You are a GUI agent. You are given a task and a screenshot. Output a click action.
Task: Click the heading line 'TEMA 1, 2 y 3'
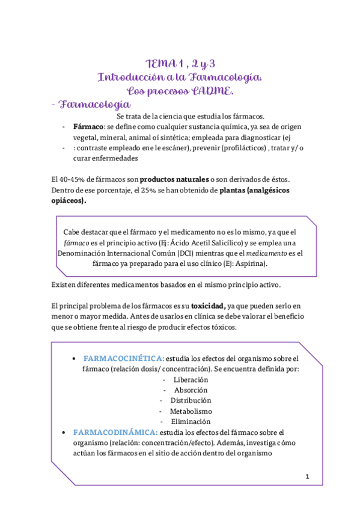click(180, 64)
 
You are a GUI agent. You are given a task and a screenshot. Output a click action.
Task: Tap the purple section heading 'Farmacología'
click(96, 105)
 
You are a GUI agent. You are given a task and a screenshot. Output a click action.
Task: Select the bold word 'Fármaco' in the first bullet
click(89, 127)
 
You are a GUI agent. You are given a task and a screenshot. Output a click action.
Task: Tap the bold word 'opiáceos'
click(68, 201)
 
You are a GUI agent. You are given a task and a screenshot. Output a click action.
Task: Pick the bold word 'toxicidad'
click(204, 306)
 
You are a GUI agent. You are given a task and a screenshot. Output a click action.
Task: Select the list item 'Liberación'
click(191, 379)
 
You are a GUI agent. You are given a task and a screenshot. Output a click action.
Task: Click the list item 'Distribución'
click(191, 401)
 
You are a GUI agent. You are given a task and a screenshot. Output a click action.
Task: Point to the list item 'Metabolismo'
click(191, 411)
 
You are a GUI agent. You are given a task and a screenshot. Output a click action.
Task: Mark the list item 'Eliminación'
click(191, 422)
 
